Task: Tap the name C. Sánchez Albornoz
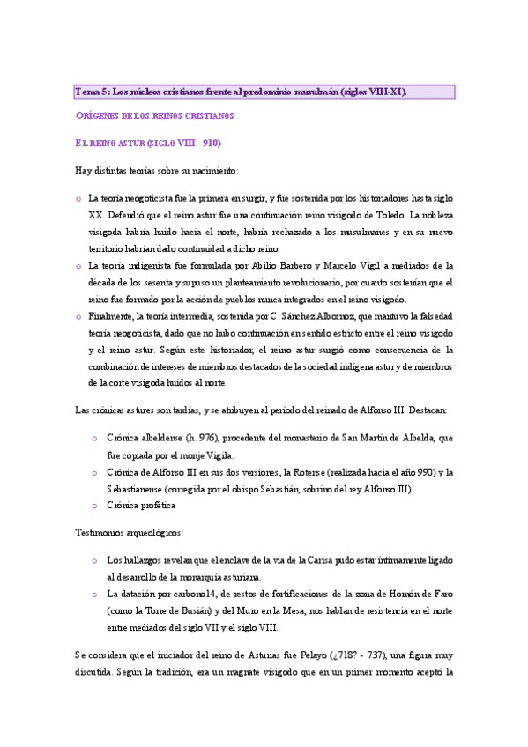click(x=328, y=316)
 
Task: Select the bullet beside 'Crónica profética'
click(x=95, y=506)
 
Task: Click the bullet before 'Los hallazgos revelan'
click(x=95, y=560)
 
